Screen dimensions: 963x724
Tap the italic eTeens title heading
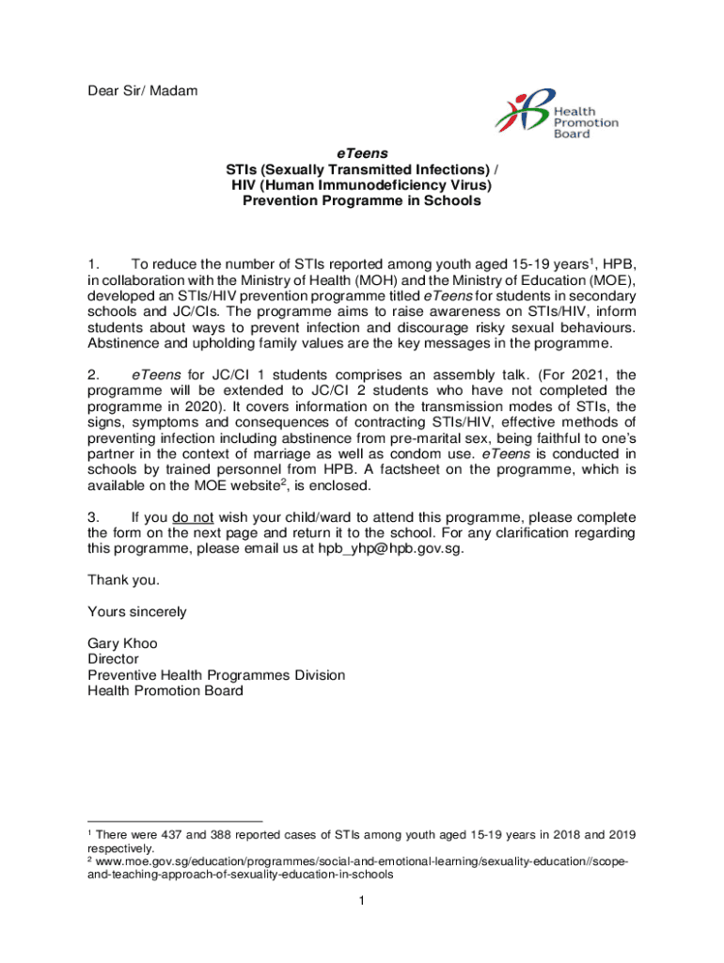click(362, 152)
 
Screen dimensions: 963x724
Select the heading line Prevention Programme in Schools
click(362, 200)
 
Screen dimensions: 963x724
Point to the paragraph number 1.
click(92, 263)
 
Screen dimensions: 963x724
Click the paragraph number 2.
click(92, 375)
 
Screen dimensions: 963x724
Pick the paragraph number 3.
click(92, 517)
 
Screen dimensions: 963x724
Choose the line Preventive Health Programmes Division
click(216, 675)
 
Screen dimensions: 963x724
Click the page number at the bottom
click(361, 902)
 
